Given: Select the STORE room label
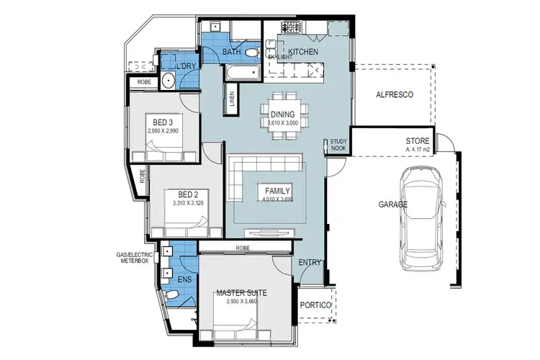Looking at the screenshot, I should point(417,141).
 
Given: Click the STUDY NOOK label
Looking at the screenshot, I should point(338,145).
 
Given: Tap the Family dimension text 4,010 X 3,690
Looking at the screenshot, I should point(276,199).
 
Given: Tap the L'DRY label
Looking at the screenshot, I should point(186,67).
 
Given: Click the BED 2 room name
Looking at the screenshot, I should point(178,194).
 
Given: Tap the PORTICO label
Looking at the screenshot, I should point(314,305).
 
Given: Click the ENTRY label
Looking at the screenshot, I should point(310,263).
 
